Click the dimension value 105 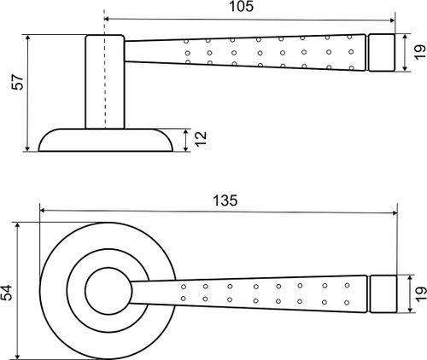pyautogui.click(x=241, y=7)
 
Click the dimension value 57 pyautogui.click(x=18, y=82)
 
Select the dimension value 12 pyautogui.click(x=201, y=138)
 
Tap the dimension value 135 pyautogui.click(x=225, y=200)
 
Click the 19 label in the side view pyautogui.click(x=419, y=52)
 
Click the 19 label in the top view pyautogui.click(x=421, y=294)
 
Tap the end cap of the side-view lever pyautogui.click(x=382, y=52)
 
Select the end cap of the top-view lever pyautogui.click(x=383, y=294)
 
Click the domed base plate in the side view pyautogui.click(x=106, y=140)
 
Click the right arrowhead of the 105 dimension pyautogui.click(x=393, y=20)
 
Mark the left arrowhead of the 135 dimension pyautogui.click(x=43, y=210)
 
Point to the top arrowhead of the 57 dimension pyautogui.click(x=27, y=38)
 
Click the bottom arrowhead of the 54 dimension pyautogui.click(x=18, y=357)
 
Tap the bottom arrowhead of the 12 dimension pyautogui.click(x=186, y=148)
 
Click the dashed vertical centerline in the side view pyautogui.click(x=104, y=69)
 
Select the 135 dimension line pyautogui.click(x=219, y=212)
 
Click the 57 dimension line pyautogui.click(x=27, y=93)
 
